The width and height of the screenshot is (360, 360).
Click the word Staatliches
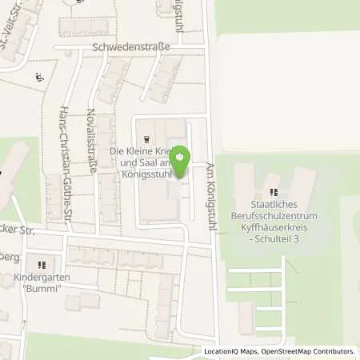tap(275, 206)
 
